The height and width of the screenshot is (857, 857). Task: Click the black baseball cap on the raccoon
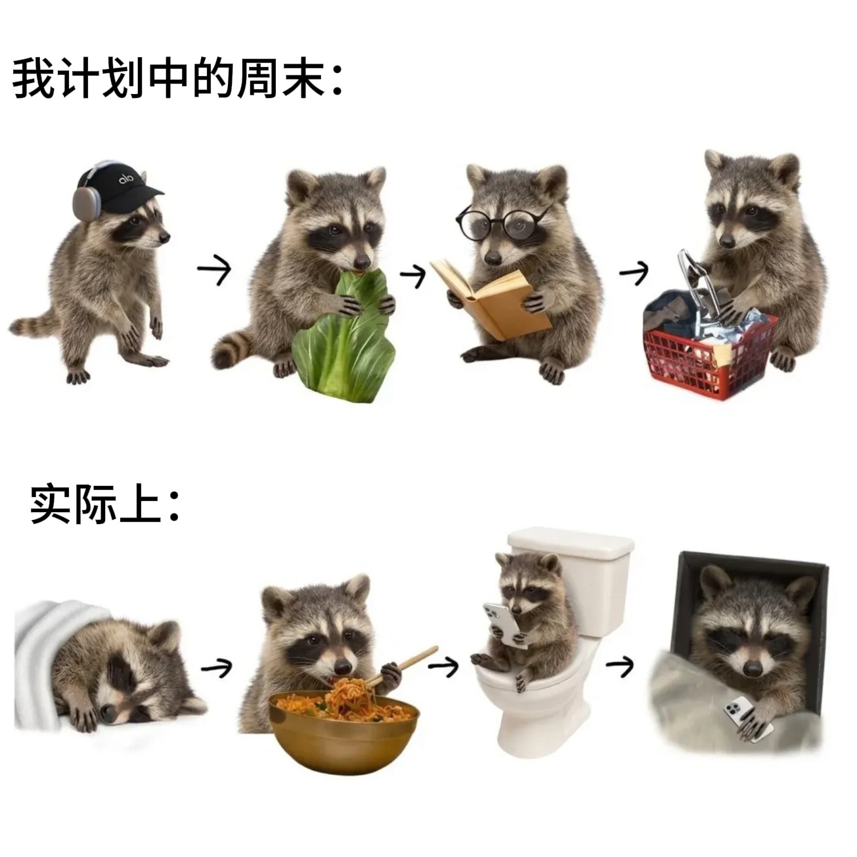coord(118,184)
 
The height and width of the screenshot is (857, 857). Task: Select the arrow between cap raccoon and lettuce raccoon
coord(214,269)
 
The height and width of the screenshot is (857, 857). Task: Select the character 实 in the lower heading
coord(51,504)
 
